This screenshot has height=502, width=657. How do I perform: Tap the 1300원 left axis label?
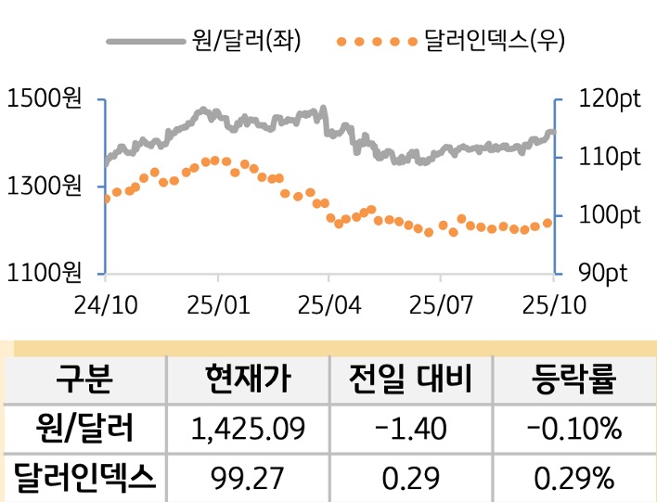[44, 187]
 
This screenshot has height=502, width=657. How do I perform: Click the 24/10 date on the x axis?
[105, 305]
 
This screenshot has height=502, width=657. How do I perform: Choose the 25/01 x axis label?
[217, 305]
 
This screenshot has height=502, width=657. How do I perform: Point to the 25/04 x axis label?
[328, 305]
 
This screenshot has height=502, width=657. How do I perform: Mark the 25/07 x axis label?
[440, 305]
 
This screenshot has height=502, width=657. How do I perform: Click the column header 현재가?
[247, 380]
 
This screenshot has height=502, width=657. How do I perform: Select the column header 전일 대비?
[410, 380]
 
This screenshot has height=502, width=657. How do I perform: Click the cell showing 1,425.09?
[247, 429]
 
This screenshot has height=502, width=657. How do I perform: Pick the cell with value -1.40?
[410, 429]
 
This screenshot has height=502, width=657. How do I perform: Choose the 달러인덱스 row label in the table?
[84, 478]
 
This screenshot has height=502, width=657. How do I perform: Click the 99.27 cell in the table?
[247, 478]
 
